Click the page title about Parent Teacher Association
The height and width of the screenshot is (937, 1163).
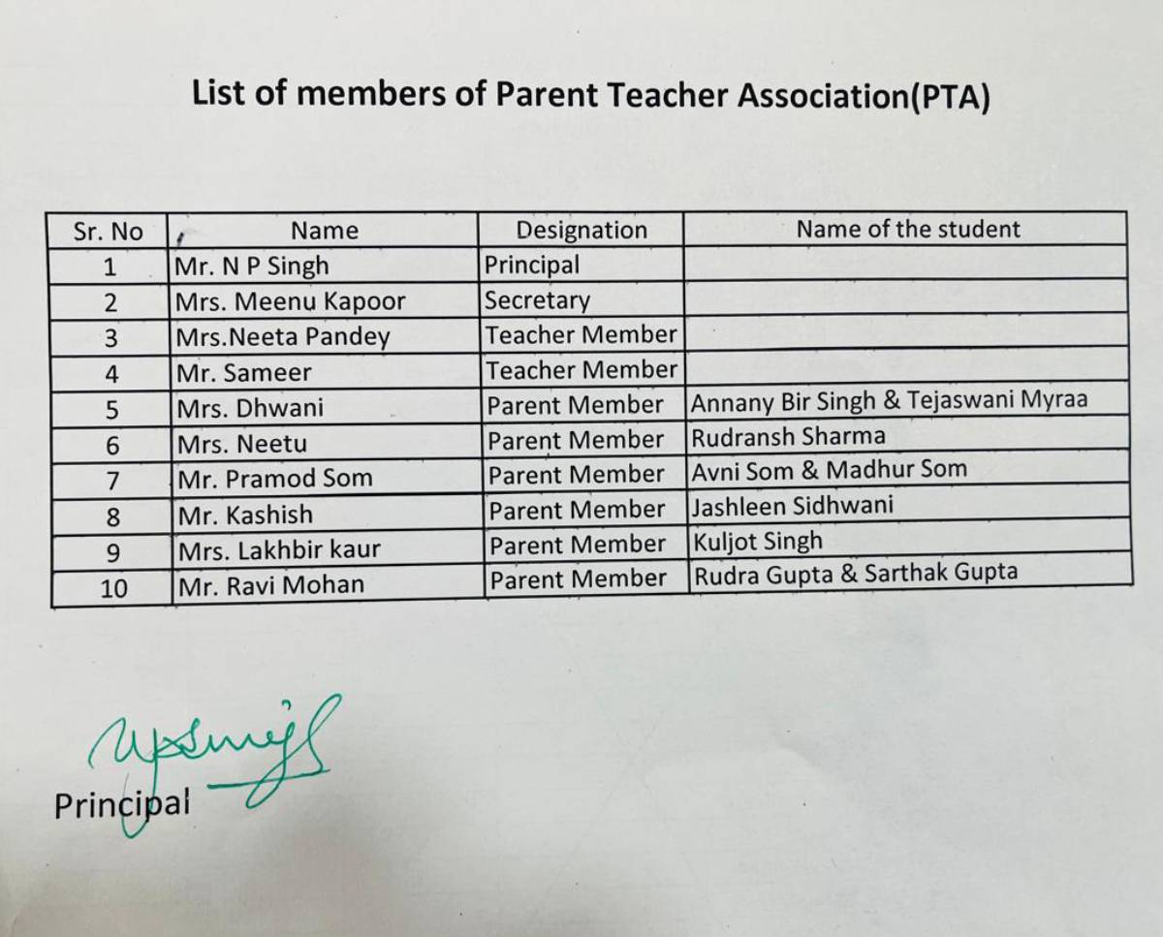[590, 95]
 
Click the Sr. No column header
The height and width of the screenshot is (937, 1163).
[108, 232]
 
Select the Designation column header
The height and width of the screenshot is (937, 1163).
[581, 230]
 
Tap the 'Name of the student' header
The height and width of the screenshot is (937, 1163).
[907, 229]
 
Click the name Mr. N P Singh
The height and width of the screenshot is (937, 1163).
[252, 265]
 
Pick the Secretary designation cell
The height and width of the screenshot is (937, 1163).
[537, 300]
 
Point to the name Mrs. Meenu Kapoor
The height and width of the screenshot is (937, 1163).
[290, 301]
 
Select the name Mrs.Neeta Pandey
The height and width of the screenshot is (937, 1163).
[282, 336]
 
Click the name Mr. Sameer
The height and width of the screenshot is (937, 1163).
[243, 372]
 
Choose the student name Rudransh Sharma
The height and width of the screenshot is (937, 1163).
[788, 436]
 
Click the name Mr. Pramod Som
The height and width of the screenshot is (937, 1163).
[274, 479]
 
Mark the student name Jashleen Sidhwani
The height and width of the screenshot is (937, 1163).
[793, 505]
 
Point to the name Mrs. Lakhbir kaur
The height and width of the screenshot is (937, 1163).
[279, 549]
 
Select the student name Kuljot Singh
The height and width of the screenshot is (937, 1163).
[757, 541]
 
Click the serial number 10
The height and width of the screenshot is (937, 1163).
[113, 587]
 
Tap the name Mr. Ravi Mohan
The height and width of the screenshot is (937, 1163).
[270, 584]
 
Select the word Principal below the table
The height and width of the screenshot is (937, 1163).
[122, 805]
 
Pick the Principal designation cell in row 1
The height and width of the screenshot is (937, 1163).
[532, 265]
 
